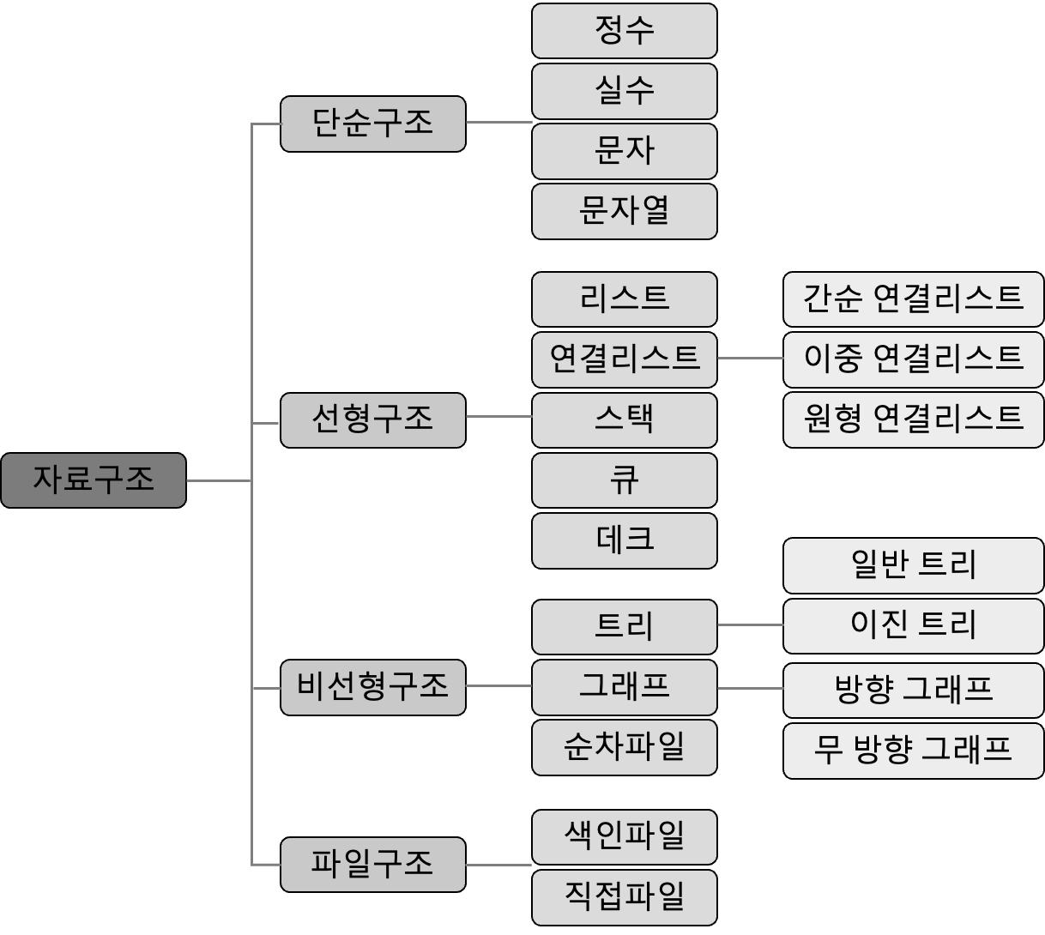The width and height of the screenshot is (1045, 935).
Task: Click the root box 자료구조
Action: click(x=93, y=480)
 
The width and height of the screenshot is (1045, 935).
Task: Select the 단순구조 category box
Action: click(x=372, y=124)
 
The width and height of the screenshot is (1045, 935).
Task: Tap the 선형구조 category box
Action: click(x=372, y=419)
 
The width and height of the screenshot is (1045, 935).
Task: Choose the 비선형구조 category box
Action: click(x=372, y=687)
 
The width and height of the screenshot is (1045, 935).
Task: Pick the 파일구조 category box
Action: click(x=372, y=864)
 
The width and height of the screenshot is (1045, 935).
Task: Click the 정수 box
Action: click(x=624, y=31)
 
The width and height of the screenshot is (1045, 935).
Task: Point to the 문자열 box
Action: click(x=624, y=211)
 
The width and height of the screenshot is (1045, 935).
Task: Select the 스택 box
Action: click(x=624, y=419)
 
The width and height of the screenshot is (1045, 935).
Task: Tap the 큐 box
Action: click(x=624, y=480)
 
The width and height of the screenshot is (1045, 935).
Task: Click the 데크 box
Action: click(x=624, y=540)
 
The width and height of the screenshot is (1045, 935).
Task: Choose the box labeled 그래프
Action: click(x=624, y=687)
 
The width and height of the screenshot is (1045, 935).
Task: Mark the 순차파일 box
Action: click(x=624, y=747)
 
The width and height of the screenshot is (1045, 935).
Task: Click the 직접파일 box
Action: click(x=624, y=897)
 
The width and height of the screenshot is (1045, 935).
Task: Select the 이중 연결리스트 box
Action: click(x=913, y=359)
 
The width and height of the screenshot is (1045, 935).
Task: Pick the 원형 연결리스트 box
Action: click(x=913, y=419)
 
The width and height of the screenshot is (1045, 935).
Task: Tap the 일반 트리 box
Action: click(x=913, y=565)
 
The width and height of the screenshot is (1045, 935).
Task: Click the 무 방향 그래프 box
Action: click(x=913, y=751)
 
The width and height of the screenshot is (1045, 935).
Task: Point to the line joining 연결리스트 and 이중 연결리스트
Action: click(x=750, y=359)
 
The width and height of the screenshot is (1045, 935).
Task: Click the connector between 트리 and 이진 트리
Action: click(x=750, y=625)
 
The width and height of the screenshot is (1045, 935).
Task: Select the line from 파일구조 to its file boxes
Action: click(x=498, y=865)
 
